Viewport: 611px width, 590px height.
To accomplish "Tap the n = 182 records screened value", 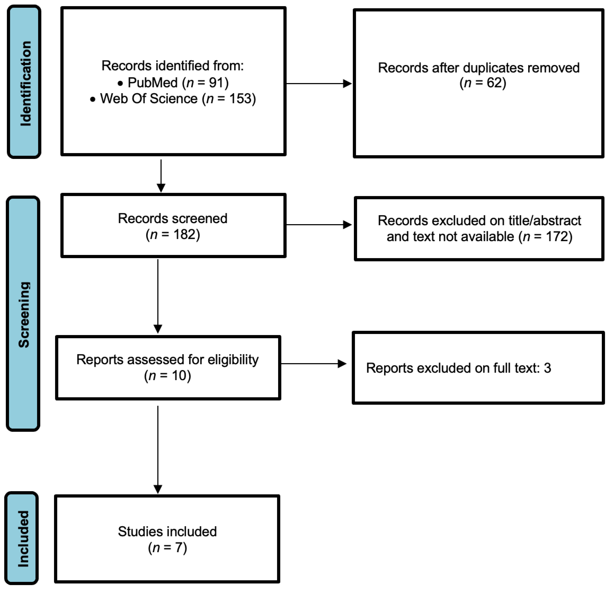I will [173, 234].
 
